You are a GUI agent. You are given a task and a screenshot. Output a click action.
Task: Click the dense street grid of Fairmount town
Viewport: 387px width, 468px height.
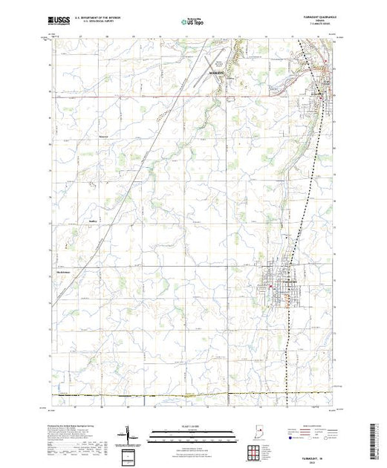pos(279,287)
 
